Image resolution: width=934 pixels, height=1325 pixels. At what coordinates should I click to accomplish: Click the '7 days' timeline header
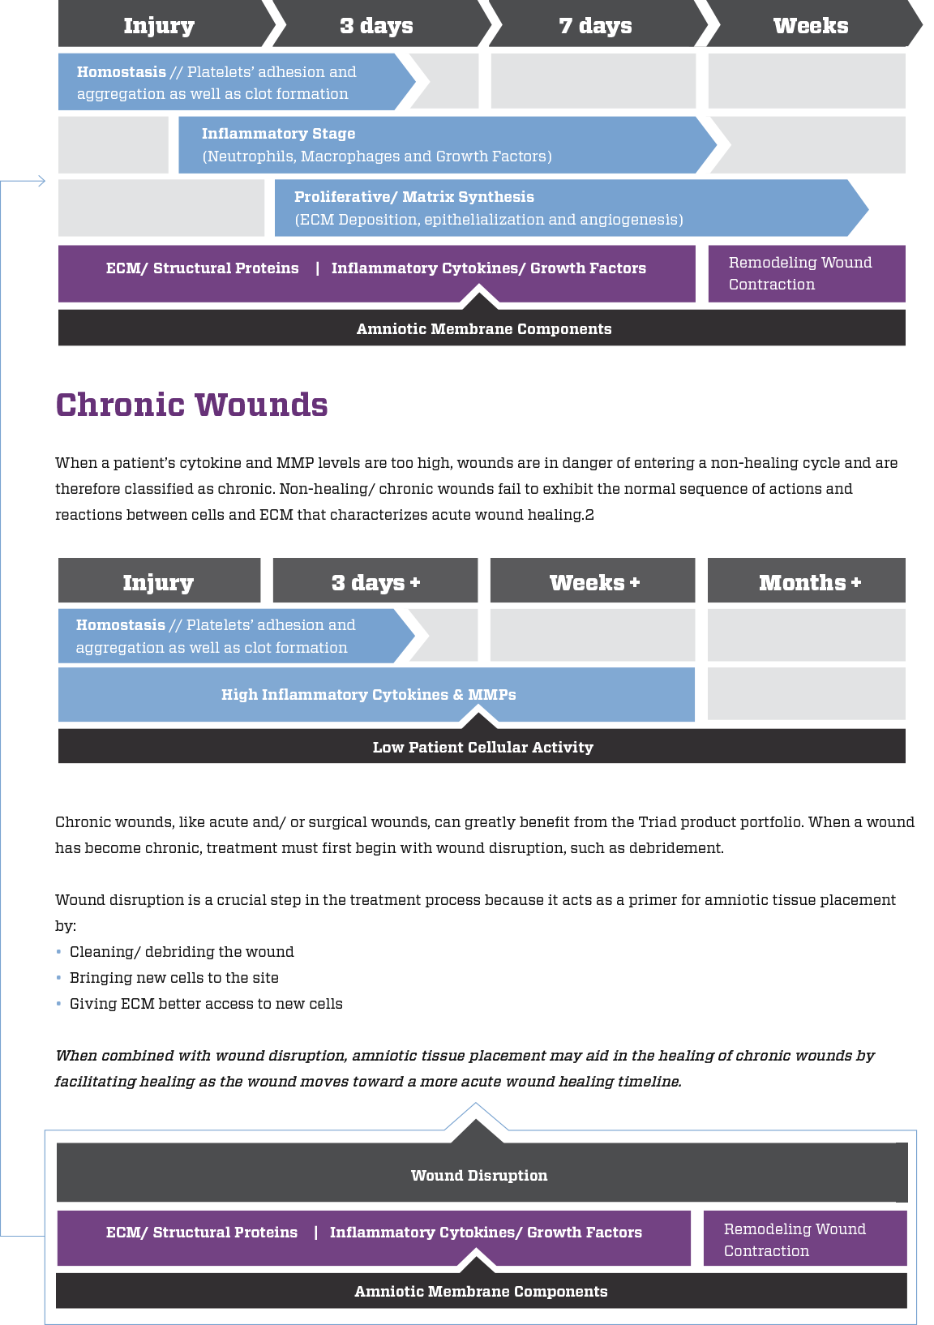pyautogui.click(x=596, y=25)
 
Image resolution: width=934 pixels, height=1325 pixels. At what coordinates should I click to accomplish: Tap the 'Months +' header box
pyautogui.click(x=806, y=581)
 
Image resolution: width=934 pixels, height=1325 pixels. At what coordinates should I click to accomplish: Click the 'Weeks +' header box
pyautogui.click(x=593, y=581)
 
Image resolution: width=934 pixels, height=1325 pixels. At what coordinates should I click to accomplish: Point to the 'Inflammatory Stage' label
pyautogui.click(x=278, y=134)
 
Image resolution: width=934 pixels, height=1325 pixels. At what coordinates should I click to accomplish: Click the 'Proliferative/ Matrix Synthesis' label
pyautogui.click(x=414, y=197)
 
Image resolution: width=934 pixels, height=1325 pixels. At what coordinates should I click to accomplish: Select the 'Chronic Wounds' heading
pyautogui.click(x=191, y=405)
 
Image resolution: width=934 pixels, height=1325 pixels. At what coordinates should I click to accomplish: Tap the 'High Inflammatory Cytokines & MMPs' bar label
pyautogui.click(x=369, y=694)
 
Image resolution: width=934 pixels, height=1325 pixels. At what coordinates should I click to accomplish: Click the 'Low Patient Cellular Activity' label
pyautogui.click(x=482, y=747)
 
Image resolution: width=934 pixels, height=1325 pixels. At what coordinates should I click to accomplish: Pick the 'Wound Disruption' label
pyautogui.click(x=479, y=1175)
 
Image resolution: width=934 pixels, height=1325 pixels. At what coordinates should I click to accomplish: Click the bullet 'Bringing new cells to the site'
pyautogui.click(x=174, y=978)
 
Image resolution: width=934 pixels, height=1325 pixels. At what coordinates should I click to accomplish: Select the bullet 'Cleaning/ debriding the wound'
pyautogui.click(x=182, y=952)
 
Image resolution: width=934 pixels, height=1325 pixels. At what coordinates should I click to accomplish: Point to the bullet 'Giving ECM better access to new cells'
pyautogui.click(x=206, y=1004)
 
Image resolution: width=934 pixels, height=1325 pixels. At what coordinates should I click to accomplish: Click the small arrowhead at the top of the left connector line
pyautogui.click(x=42, y=181)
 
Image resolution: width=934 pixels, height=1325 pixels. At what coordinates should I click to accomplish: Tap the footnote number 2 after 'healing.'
pyautogui.click(x=589, y=515)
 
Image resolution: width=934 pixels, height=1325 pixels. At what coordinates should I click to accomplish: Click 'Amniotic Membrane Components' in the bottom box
pyautogui.click(x=481, y=1291)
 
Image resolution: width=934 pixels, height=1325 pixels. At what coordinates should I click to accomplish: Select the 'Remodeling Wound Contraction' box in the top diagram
pyautogui.click(x=807, y=274)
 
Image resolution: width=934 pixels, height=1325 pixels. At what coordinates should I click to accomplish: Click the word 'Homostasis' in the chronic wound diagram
pyautogui.click(x=121, y=624)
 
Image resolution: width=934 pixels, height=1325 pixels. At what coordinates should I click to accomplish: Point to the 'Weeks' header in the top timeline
pyautogui.click(x=811, y=25)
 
